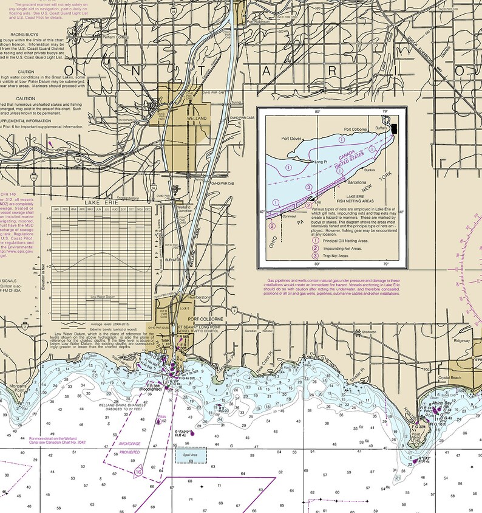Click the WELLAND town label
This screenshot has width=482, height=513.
point(197,118)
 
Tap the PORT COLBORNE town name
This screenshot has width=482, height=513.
point(206,319)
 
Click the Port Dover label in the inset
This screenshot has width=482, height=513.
point(291,139)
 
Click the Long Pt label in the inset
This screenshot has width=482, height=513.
point(322,162)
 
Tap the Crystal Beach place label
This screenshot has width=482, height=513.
point(451,377)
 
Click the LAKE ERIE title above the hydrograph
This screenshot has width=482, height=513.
point(100,202)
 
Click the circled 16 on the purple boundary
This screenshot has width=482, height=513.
point(138,471)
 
